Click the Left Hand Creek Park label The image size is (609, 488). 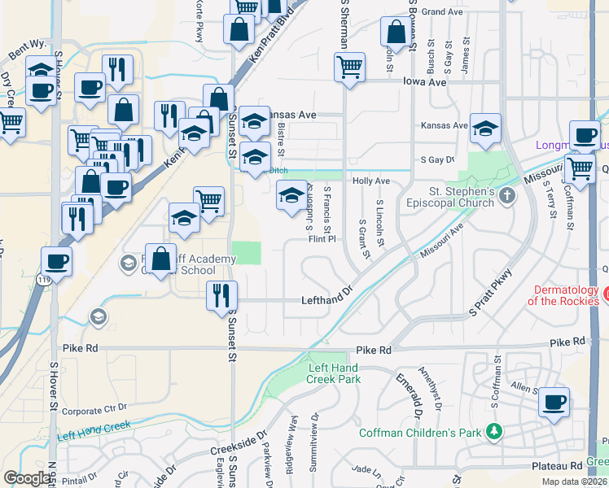(335, 373)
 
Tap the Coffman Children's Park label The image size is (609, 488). (421, 432)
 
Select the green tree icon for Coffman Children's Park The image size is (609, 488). (493, 431)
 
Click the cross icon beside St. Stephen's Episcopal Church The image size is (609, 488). (507, 195)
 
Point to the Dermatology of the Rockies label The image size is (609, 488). (567, 295)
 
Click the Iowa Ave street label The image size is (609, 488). (426, 82)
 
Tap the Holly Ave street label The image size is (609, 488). (370, 181)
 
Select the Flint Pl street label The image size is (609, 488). (322, 238)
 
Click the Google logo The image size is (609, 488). (27, 478)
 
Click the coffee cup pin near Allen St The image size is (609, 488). (554, 401)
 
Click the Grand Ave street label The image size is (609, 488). (442, 11)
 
